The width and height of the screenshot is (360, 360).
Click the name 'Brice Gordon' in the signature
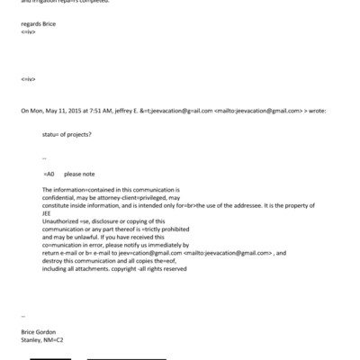pyautogui.click(x=38, y=332)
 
